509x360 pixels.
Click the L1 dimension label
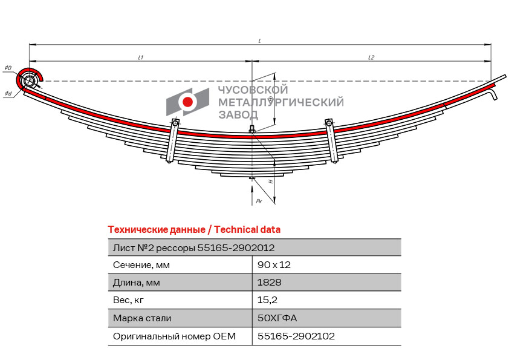(141, 57)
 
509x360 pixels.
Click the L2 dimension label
(371, 57)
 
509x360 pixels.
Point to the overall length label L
(260, 41)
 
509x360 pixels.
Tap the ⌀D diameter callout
(8, 68)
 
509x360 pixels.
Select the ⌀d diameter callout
(8, 94)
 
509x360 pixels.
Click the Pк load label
(259, 201)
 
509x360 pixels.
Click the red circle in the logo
(187, 102)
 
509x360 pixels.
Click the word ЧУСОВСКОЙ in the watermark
(253, 90)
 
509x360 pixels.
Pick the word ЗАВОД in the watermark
(238, 114)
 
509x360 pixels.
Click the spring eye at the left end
(30, 80)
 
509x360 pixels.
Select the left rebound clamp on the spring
(172, 140)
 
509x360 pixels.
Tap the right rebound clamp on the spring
(332, 140)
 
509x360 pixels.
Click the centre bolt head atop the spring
(252, 130)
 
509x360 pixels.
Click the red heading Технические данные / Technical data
(194, 230)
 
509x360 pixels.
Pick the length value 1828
(270, 283)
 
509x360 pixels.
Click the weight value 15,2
(267, 300)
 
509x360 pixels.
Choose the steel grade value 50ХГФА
(277, 318)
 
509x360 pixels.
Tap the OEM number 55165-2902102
(296, 336)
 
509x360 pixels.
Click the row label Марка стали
(142, 318)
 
